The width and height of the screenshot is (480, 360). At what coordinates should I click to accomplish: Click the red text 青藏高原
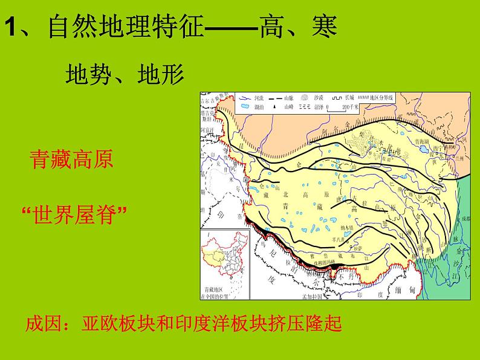click(71, 160)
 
